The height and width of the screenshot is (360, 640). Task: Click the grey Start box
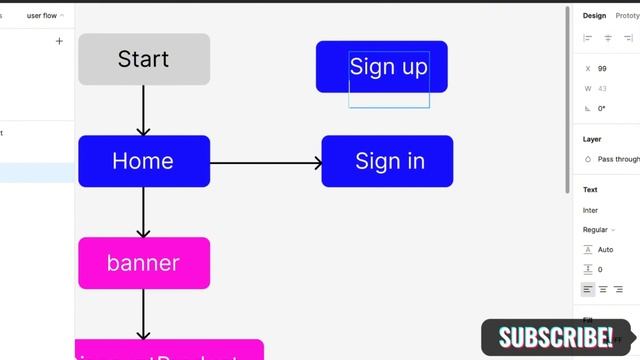pos(144,59)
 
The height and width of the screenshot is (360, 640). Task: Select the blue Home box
pos(144,161)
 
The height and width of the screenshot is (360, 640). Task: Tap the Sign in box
pos(388,161)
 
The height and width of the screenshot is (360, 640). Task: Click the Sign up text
pos(388,67)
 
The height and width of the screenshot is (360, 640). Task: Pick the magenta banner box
pos(144,263)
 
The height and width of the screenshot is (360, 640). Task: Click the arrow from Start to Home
pos(144,110)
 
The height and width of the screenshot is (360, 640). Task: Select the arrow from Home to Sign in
pos(266,162)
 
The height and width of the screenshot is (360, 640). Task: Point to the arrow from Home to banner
pos(144,212)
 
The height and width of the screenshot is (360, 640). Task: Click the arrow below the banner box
pos(144,316)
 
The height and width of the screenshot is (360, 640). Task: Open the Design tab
pos(594,16)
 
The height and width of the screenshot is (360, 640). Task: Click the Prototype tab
pos(627,16)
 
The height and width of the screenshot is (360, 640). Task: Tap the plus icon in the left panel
pos(59,41)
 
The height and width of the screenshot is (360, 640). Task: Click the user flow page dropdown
pos(45,16)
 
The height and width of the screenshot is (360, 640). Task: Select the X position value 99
pos(602,69)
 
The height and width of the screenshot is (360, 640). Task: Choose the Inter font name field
pos(591,210)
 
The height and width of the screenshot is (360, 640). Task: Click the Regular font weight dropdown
pos(598,230)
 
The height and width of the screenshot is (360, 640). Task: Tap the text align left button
pos(588,289)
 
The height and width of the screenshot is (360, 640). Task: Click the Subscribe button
pos(556,337)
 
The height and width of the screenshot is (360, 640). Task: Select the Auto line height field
pos(605,250)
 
